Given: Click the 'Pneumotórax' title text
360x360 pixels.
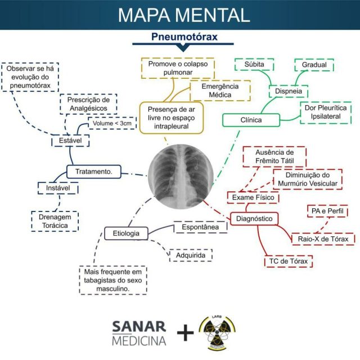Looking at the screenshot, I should click(184, 37).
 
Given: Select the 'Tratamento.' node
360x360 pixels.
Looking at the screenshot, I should click(93, 170).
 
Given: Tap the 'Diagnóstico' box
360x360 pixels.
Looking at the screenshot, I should click(254, 218).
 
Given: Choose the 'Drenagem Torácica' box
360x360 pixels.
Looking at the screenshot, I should click(55, 221).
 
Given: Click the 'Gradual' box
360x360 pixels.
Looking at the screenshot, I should click(314, 65).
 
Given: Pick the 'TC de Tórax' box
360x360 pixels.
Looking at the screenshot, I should click(288, 262).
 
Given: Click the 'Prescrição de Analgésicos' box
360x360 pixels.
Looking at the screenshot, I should click(88, 103).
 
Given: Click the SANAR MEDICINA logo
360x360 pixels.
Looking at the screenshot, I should click(139, 333).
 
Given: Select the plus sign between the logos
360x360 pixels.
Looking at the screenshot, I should click(184, 334).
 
